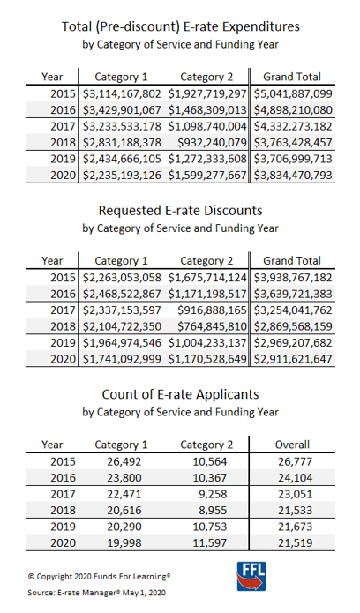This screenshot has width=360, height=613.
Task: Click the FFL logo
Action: tap(251, 576)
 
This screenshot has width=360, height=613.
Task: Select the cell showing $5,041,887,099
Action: tap(293, 93)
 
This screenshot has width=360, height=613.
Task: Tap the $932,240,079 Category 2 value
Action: tap(212, 142)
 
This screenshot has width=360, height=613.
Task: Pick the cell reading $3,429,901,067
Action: tap(122, 110)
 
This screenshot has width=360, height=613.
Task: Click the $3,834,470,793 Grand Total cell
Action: tap(293, 176)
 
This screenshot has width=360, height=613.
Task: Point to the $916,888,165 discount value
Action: tap(212, 310)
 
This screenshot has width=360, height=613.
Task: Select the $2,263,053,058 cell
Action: tap(122, 278)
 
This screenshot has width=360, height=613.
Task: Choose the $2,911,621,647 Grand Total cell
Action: tap(293, 359)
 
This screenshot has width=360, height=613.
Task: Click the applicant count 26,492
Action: tap(124, 461)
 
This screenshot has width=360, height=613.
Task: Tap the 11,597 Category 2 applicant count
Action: tap(210, 543)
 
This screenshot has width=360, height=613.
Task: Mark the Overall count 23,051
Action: tap(295, 494)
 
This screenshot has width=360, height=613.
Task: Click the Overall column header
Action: tap(292, 445)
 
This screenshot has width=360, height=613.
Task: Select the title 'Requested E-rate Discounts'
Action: tap(180, 211)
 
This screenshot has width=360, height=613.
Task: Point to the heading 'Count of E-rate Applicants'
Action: tap(180, 394)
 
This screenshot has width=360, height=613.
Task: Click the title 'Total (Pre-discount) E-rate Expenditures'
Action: tap(180, 26)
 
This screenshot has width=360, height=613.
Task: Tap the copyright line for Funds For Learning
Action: tap(99, 576)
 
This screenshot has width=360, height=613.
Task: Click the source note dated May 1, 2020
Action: tap(97, 593)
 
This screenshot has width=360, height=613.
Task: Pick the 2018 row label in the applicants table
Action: tap(63, 511)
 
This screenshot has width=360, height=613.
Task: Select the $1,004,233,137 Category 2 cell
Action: tap(207, 342)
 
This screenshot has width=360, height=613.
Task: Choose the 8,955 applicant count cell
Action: tap(213, 511)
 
